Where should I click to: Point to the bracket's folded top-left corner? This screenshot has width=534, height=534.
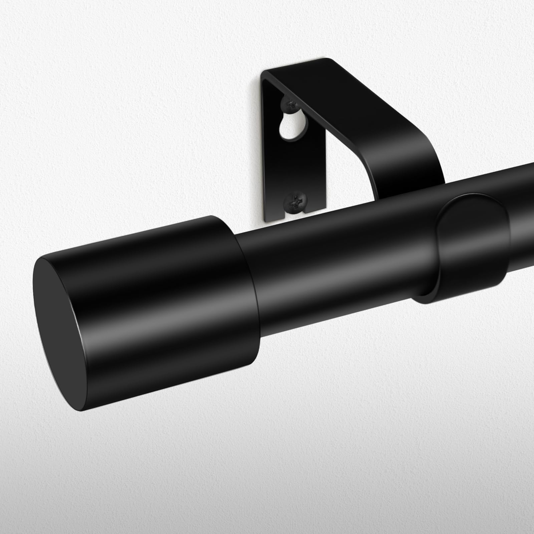click(265, 74)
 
